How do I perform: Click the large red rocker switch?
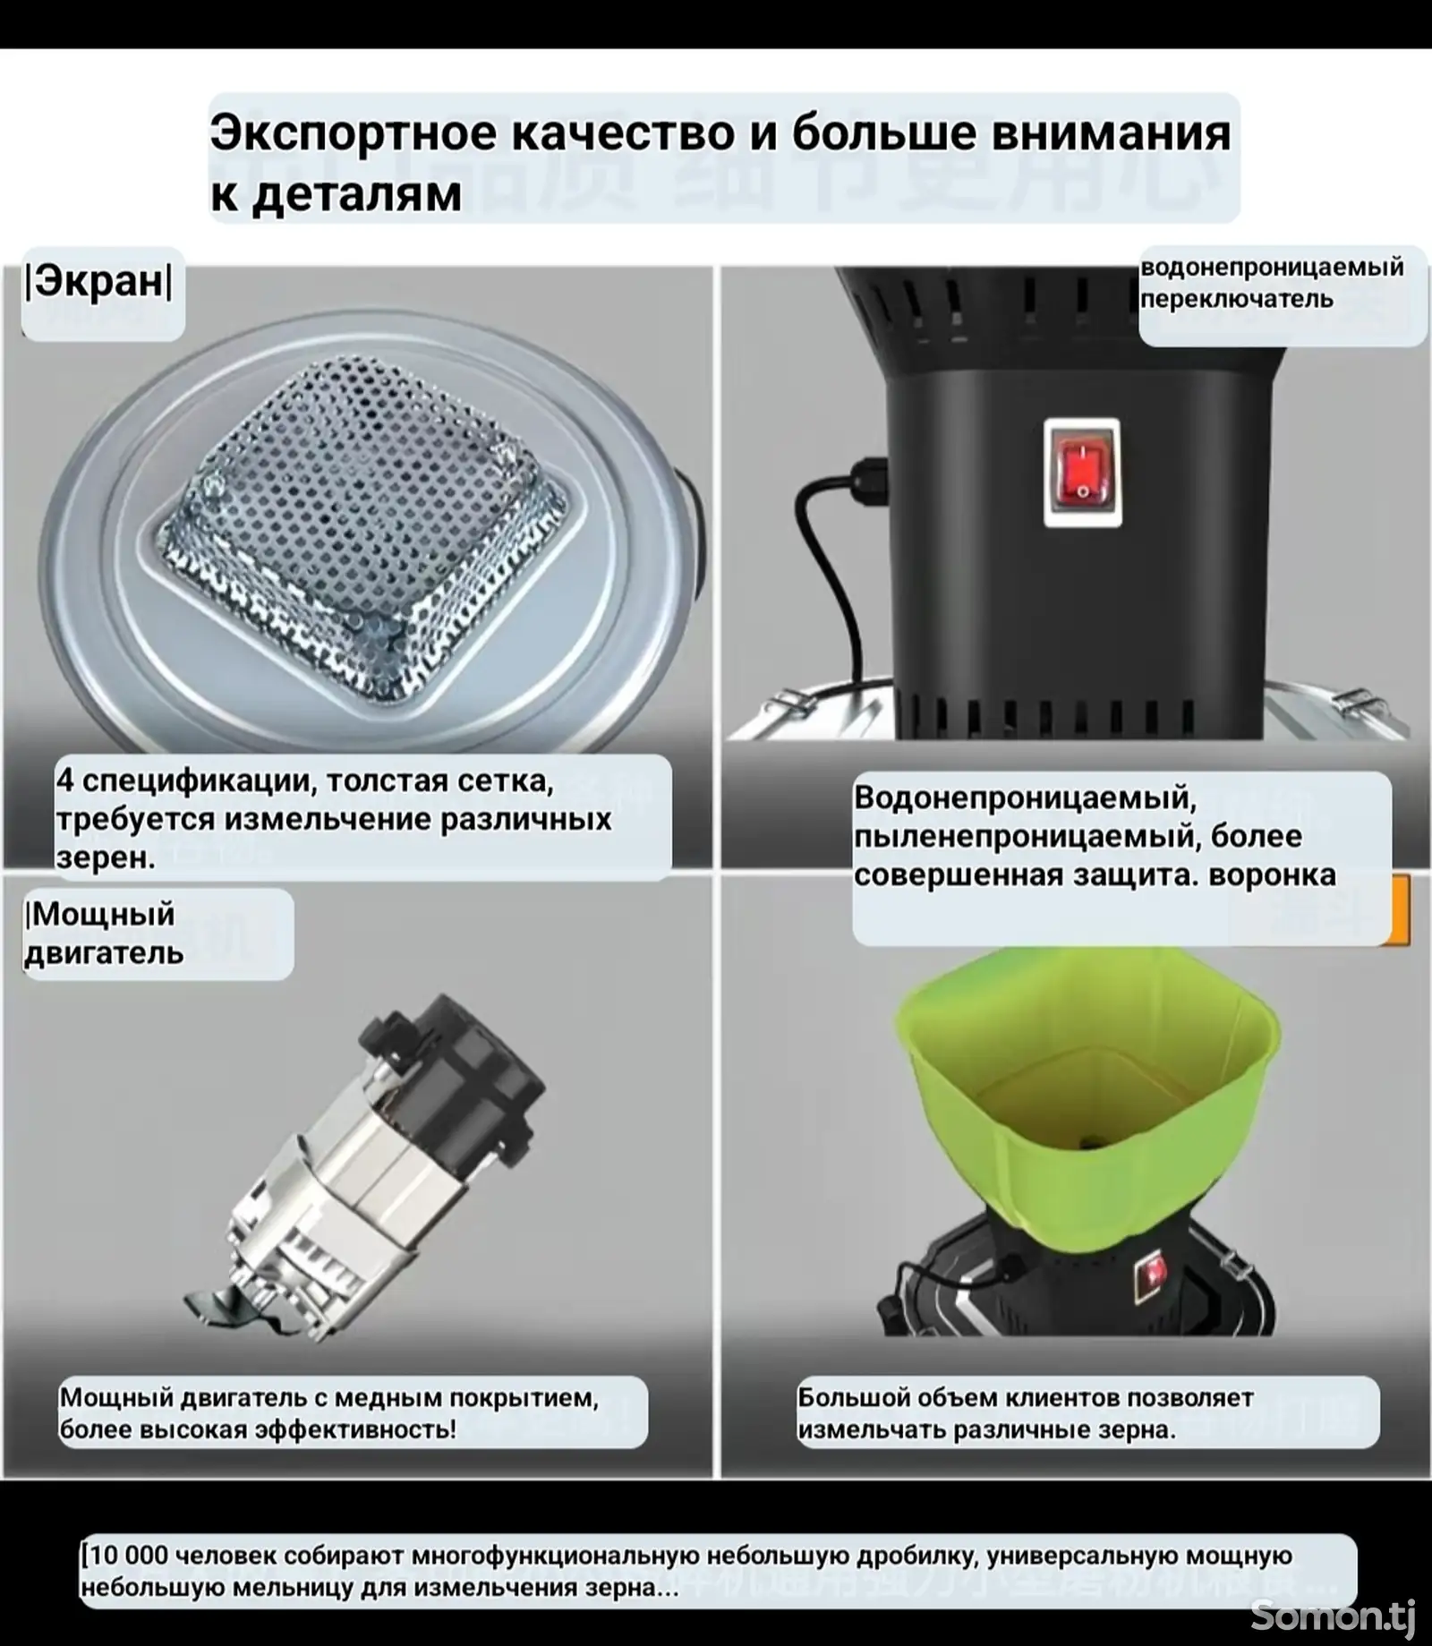coord(1082,472)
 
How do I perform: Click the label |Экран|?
coord(98,282)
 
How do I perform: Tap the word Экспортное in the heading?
coord(354,134)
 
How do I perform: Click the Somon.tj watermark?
coord(1333,1615)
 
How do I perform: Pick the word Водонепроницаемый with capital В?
coord(1025,797)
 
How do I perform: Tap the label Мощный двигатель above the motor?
coord(103,934)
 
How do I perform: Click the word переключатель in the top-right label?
coord(1237,299)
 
